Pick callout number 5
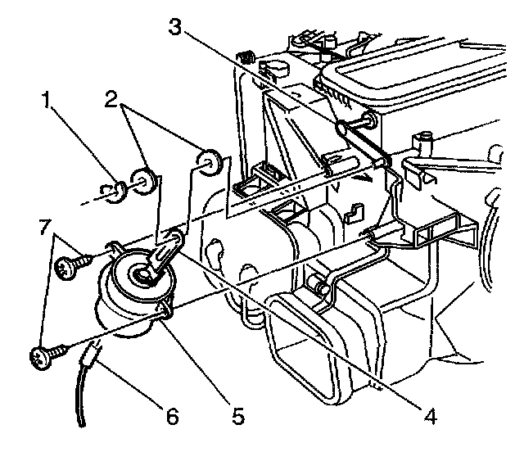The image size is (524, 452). pos(237,416)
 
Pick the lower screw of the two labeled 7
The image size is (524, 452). pos(41,356)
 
